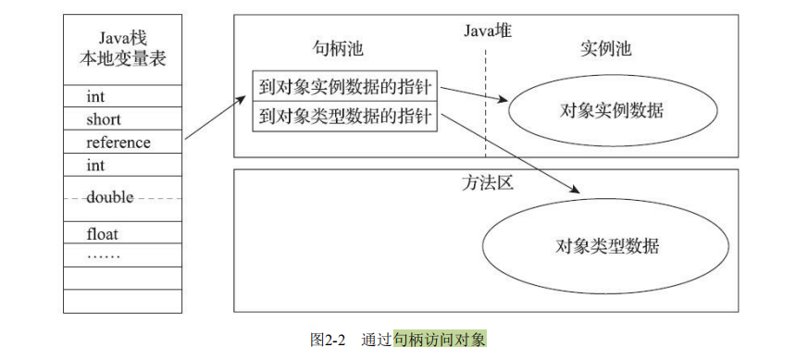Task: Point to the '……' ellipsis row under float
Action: (x=104, y=254)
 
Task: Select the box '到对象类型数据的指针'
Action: (x=345, y=117)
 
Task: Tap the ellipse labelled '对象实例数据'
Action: (x=612, y=110)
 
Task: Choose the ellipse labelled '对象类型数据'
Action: (x=607, y=246)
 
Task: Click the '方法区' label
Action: (x=487, y=182)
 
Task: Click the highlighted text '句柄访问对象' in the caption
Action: (x=439, y=339)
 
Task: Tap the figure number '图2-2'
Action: (x=327, y=339)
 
